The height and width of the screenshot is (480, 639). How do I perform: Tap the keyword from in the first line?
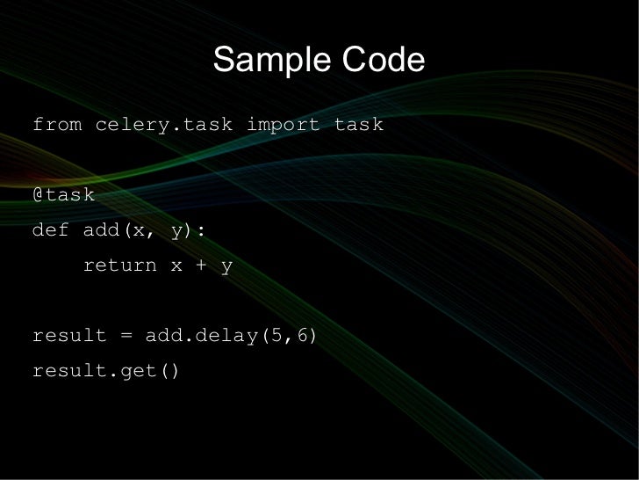click(x=57, y=125)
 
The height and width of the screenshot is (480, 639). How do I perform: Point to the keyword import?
click(x=283, y=125)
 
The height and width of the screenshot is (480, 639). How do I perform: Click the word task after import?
click(x=358, y=125)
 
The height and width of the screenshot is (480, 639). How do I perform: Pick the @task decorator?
click(x=63, y=195)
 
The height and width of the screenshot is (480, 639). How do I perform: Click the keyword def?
click(x=51, y=230)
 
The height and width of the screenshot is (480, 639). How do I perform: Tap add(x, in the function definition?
click(x=120, y=230)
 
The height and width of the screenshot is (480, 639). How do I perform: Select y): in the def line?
click(x=190, y=230)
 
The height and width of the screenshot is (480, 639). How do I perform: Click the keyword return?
click(x=119, y=265)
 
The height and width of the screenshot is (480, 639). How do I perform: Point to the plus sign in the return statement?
click(x=202, y=265)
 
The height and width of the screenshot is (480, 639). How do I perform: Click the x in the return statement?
click(x=176, y=265)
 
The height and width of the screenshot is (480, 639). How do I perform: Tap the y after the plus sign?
click(x=226, y=265)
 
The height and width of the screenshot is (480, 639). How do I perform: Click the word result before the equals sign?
click(x=69, y=336)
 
